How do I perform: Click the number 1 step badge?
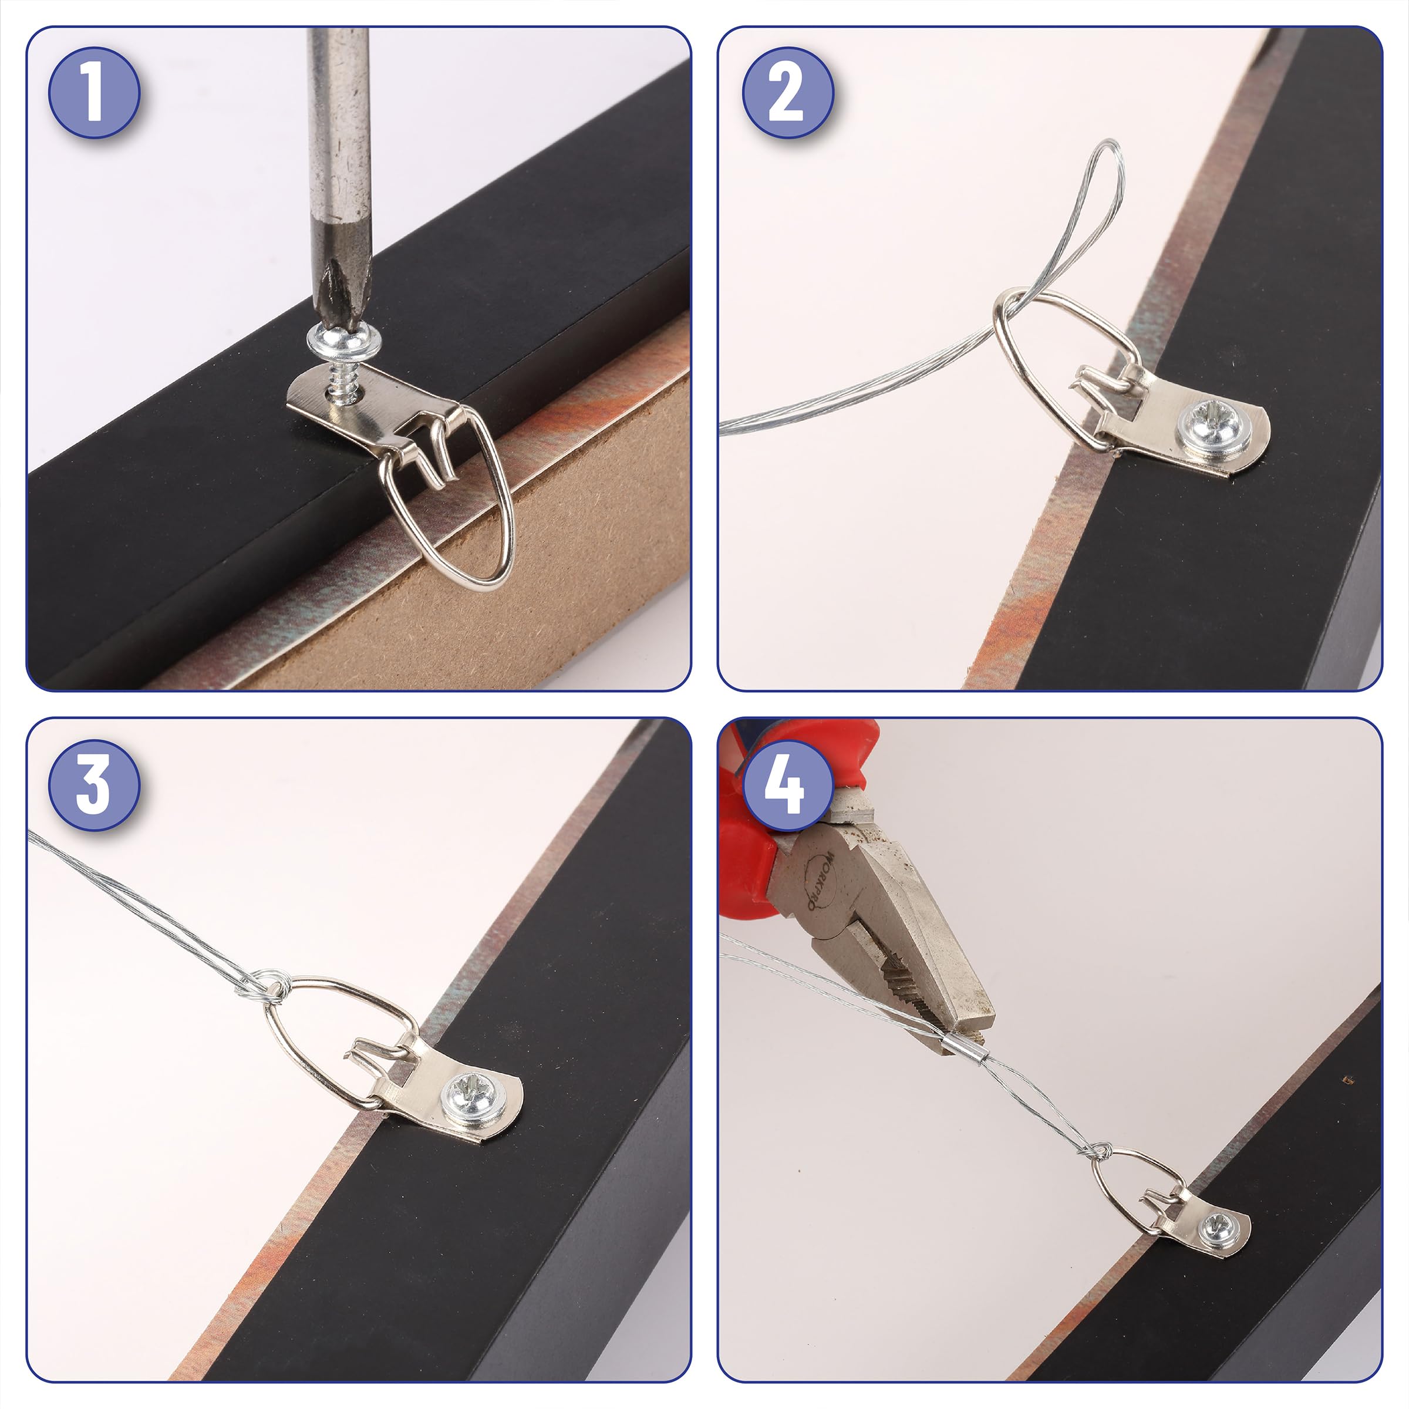94,93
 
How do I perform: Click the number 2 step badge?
788,93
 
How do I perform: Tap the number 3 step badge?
94,785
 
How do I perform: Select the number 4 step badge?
788,785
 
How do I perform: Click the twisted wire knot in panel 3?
274,986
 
